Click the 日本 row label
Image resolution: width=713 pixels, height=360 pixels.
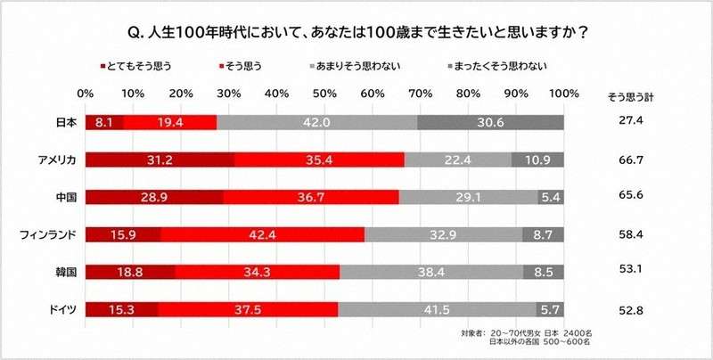[65, 122]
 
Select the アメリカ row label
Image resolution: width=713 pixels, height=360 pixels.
[56, 160]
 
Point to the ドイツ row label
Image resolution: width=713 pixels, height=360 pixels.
[62, 309]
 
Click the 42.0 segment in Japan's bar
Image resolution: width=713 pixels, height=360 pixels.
[316, 122]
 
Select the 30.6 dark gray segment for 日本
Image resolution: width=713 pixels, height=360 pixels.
[490, 122]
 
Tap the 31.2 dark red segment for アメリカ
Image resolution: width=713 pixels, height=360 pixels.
[160, 160]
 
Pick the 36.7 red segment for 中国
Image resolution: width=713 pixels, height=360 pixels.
[311, 197]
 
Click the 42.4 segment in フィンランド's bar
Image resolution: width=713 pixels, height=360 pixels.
[263, 234]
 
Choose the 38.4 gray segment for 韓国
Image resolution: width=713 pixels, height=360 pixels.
[431, 272]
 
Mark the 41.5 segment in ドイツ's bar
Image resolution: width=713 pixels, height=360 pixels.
[437, 309]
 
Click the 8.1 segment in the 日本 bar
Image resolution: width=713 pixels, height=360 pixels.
[104, 122]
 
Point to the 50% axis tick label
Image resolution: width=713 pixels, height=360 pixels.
[324, 93]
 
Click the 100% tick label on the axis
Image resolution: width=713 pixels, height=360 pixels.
[563, 93]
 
